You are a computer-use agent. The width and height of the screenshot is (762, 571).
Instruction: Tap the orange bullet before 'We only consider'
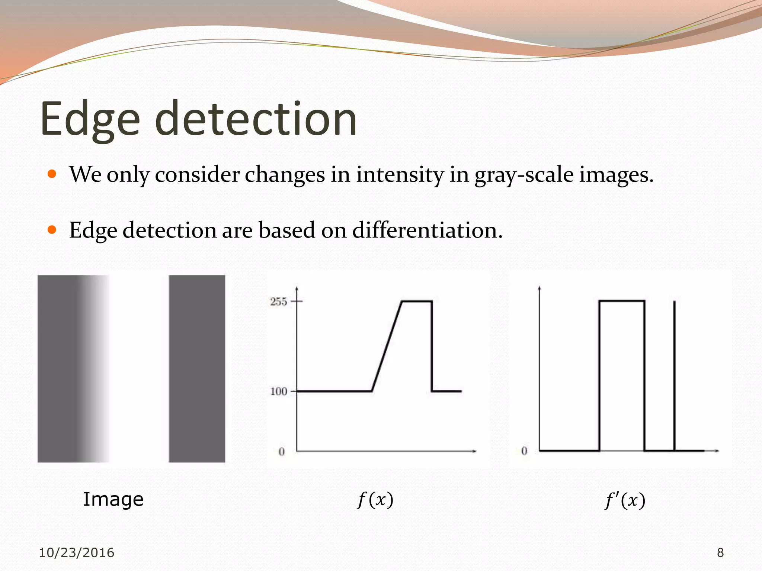click(x=52, y=174)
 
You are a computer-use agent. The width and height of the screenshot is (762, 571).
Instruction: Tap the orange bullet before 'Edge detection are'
click(x=52, y=230)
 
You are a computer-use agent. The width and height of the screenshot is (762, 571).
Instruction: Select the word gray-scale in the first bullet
click(x=524, y=175)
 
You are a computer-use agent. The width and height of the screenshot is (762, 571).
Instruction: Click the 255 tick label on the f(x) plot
click(x=278, y=301)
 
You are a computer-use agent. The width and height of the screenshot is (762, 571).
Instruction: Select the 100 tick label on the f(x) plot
click(x=278, y=391)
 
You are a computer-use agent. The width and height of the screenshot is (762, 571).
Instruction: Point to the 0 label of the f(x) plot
click(x=282, y=452)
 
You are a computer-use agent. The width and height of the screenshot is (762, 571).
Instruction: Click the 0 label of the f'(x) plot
click(x=524, y=451)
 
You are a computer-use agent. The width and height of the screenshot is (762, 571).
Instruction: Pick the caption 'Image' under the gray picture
click(x=113, y=499)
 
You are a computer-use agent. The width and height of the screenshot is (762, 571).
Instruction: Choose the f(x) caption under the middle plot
click(x=375, y=500)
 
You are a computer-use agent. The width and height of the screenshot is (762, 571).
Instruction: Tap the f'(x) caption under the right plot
click(x=625, y=500)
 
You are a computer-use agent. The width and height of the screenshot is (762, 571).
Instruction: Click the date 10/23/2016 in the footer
click(x=77, y=553)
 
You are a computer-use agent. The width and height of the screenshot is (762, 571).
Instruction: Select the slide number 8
click(x=720, y=553)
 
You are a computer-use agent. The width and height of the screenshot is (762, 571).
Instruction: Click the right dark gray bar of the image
click(x=197, y=368)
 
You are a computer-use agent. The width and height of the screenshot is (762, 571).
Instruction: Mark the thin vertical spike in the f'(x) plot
click(x=674, y=372)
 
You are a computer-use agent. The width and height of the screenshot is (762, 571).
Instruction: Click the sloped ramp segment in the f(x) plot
click(x=387, y=346)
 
